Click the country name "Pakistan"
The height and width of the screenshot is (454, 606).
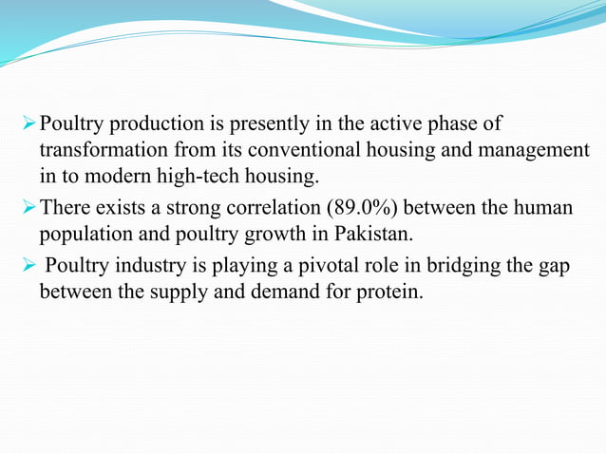[x=373, y=234]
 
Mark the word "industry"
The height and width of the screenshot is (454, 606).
[x=136, y=265]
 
